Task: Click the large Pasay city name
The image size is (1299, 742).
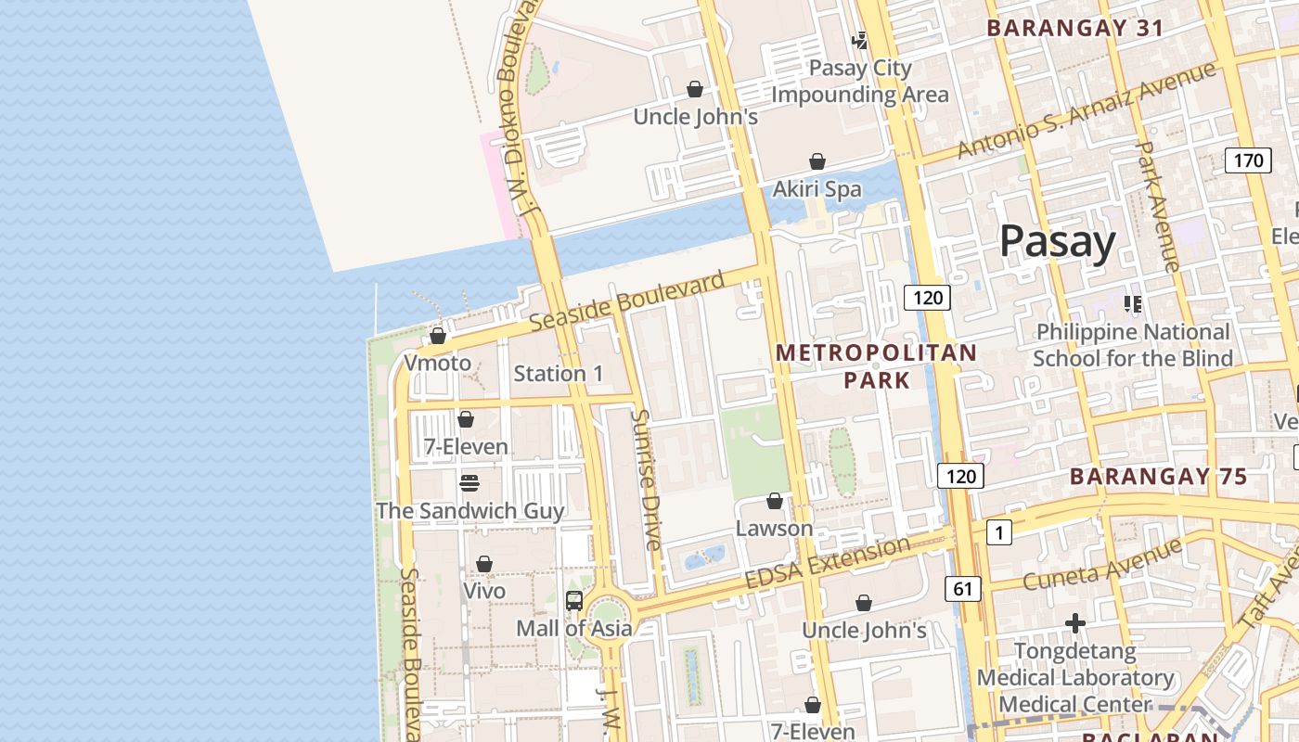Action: [1057, 243]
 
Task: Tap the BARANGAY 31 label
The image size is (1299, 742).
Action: [1074, 28]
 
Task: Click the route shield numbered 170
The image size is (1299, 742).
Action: [1248, 160]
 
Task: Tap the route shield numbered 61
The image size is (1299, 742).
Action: [962, 588]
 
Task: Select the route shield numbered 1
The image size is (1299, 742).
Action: [998, 532]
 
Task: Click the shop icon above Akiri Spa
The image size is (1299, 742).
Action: [817, 162]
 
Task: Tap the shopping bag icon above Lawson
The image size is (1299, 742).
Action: [775, 502]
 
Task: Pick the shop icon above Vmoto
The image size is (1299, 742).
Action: [438, 336]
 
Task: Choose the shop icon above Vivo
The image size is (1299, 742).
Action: [484, 564]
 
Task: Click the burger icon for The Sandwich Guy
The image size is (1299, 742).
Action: [469, 483]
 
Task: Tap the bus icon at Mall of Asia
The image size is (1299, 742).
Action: [574, 601]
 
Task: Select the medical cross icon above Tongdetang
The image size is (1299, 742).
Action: [1075, 623]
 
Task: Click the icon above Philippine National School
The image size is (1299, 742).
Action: [1132, 303]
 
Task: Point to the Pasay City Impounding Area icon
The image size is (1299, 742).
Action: [860, 41]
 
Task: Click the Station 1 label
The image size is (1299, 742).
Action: [559, 374]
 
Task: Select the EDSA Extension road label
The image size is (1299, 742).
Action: [828, 562]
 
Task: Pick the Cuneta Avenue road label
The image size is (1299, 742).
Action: [1101, 563]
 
